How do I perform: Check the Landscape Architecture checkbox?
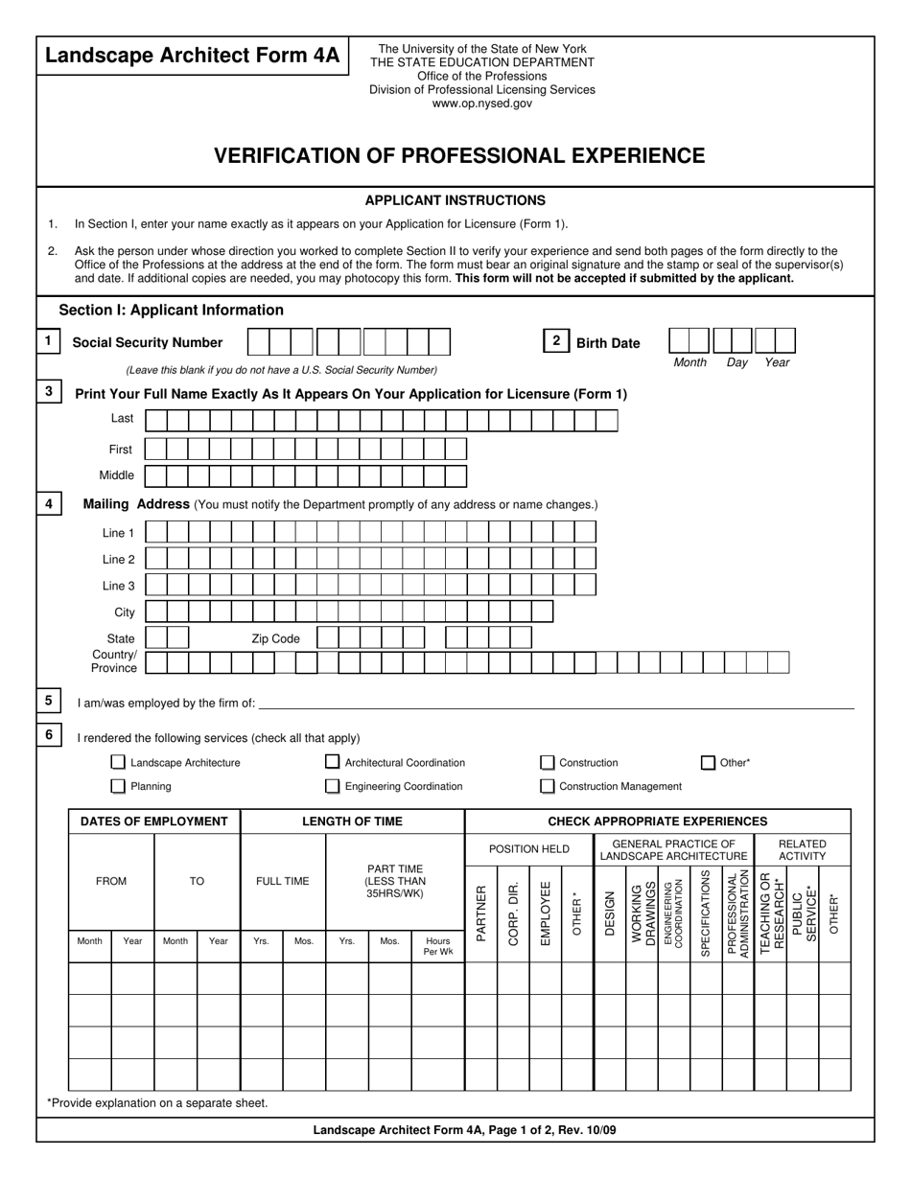click(118, 763)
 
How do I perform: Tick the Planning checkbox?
click(118, 786)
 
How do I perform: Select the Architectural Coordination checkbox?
click(332, 763)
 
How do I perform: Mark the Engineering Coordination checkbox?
click(332, 786)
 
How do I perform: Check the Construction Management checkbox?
click(547, 786)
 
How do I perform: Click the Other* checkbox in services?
click(708, 763)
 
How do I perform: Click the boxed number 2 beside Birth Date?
click(556, 341)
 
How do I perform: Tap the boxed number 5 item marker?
click(48, 701)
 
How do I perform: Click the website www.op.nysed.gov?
click(481, 104)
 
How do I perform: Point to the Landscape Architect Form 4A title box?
click(193, 57)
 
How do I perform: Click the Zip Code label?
click(275, 638)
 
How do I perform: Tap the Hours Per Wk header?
click(438, 946)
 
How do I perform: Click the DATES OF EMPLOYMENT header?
click(153, 821)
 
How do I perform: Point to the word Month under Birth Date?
click(689, 363)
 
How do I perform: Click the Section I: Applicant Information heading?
click(171, 311)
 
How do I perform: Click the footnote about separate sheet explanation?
click(157, 1103)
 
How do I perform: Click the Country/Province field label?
click(114, 661)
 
